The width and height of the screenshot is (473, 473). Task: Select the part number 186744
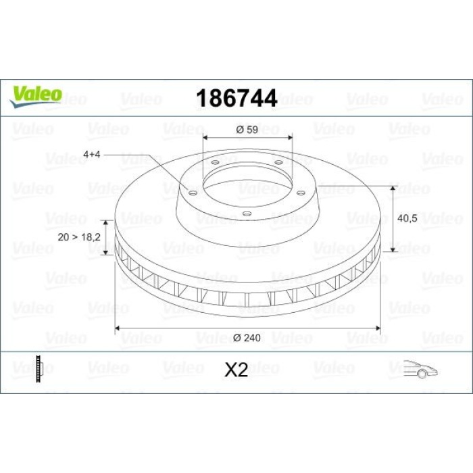coord(236,99)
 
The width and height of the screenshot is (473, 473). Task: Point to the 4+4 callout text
coord(93,155)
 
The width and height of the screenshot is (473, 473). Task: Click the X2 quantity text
coord(236,369)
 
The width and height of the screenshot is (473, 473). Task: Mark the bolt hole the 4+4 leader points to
coord(193,193)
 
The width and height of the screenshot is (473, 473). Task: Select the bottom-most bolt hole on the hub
coord(247,215)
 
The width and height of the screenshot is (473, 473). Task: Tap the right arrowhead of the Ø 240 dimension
coord(379,328)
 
